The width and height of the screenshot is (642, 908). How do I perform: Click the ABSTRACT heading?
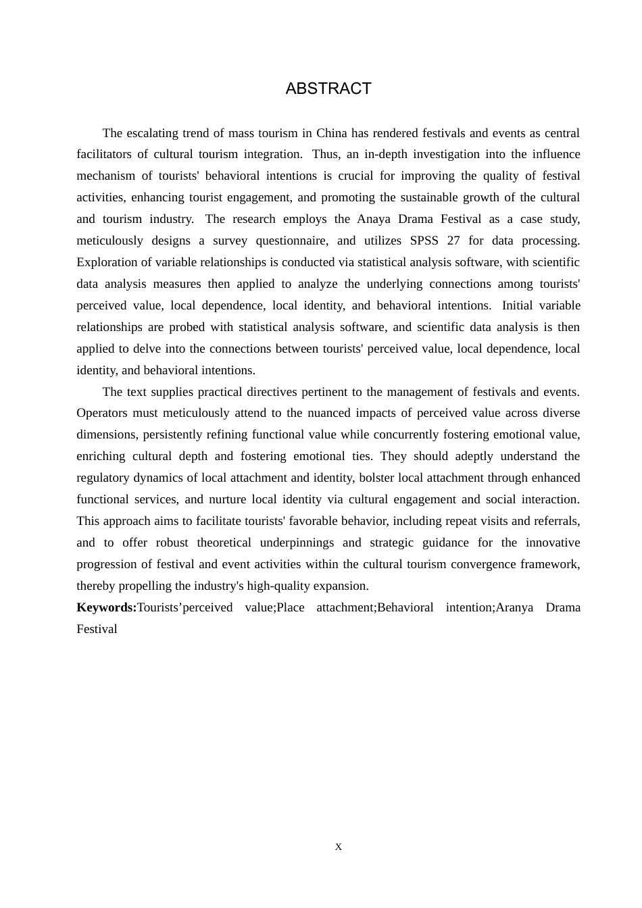coord(328,89)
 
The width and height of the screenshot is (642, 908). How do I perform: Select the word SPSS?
coord(424,241)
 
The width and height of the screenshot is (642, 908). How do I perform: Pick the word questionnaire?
coord(293,241)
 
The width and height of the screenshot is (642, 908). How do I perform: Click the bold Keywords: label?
coord(106,607)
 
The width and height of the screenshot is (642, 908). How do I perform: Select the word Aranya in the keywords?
coord(514,607)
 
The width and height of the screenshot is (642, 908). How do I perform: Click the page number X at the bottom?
coord(339,847)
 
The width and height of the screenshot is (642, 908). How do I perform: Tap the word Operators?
coord(102,413)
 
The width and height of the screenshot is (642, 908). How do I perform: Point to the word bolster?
coord(376,478)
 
